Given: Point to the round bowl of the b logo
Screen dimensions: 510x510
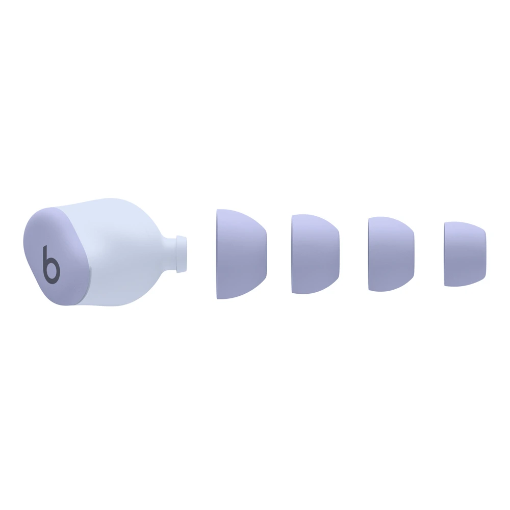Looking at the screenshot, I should [x=53, y=270].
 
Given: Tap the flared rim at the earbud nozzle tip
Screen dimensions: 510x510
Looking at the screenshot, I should [x=181, y=253].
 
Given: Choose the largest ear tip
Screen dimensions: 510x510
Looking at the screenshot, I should [x=241, y=254].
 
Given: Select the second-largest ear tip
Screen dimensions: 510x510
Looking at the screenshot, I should [x=315, y=254].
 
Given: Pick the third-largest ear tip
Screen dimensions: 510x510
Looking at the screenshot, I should [x=390, y=254].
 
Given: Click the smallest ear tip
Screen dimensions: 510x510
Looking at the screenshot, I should [x=464, y=254].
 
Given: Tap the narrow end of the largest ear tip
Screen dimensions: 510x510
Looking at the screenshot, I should [x=264, y=254].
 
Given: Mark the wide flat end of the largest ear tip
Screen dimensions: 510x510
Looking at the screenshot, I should [x=218, y=254].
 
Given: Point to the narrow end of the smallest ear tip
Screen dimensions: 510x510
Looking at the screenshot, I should [x=483, y=254].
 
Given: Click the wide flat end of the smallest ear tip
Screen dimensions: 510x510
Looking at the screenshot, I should [x=446, y=254].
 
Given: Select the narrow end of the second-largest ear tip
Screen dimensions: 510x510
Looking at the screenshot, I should [x=338, y=254].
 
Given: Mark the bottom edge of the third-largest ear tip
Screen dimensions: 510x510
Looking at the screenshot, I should [x=390, y=290].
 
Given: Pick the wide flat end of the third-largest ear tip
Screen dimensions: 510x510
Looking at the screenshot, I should [x=370, y=254].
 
